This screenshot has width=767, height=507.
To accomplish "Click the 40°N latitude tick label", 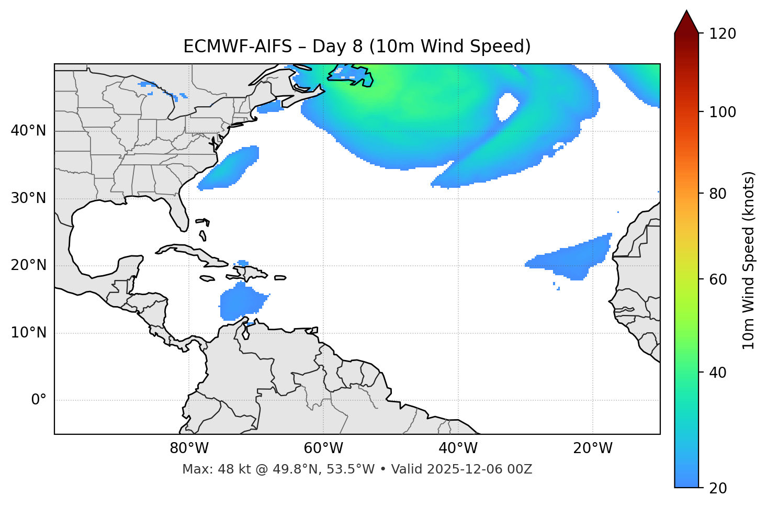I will tap(28, 131).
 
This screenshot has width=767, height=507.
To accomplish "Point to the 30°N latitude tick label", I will tap(28, 198).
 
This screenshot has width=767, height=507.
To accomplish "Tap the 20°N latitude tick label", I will tap(28, 265).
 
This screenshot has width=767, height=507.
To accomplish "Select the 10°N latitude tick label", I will tap(28, 333).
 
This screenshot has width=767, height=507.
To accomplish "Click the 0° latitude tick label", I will tap(39, 400).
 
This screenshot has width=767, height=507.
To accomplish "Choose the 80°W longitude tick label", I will tap(189, 448).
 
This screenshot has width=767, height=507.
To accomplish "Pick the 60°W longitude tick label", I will tap(323, 448).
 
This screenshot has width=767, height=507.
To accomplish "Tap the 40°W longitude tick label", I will tap(458, 448).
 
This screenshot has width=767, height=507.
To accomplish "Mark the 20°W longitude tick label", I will tap(593, 448).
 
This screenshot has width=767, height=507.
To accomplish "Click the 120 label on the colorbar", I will tap(723, 34).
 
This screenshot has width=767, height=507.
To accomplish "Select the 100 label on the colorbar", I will tap(723, 112).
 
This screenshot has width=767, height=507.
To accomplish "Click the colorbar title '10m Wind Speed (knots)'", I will tap(749, 260).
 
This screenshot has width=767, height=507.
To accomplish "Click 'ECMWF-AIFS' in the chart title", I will tap(238, 47).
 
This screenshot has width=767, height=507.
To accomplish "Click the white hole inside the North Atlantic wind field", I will tap(506, 106).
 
